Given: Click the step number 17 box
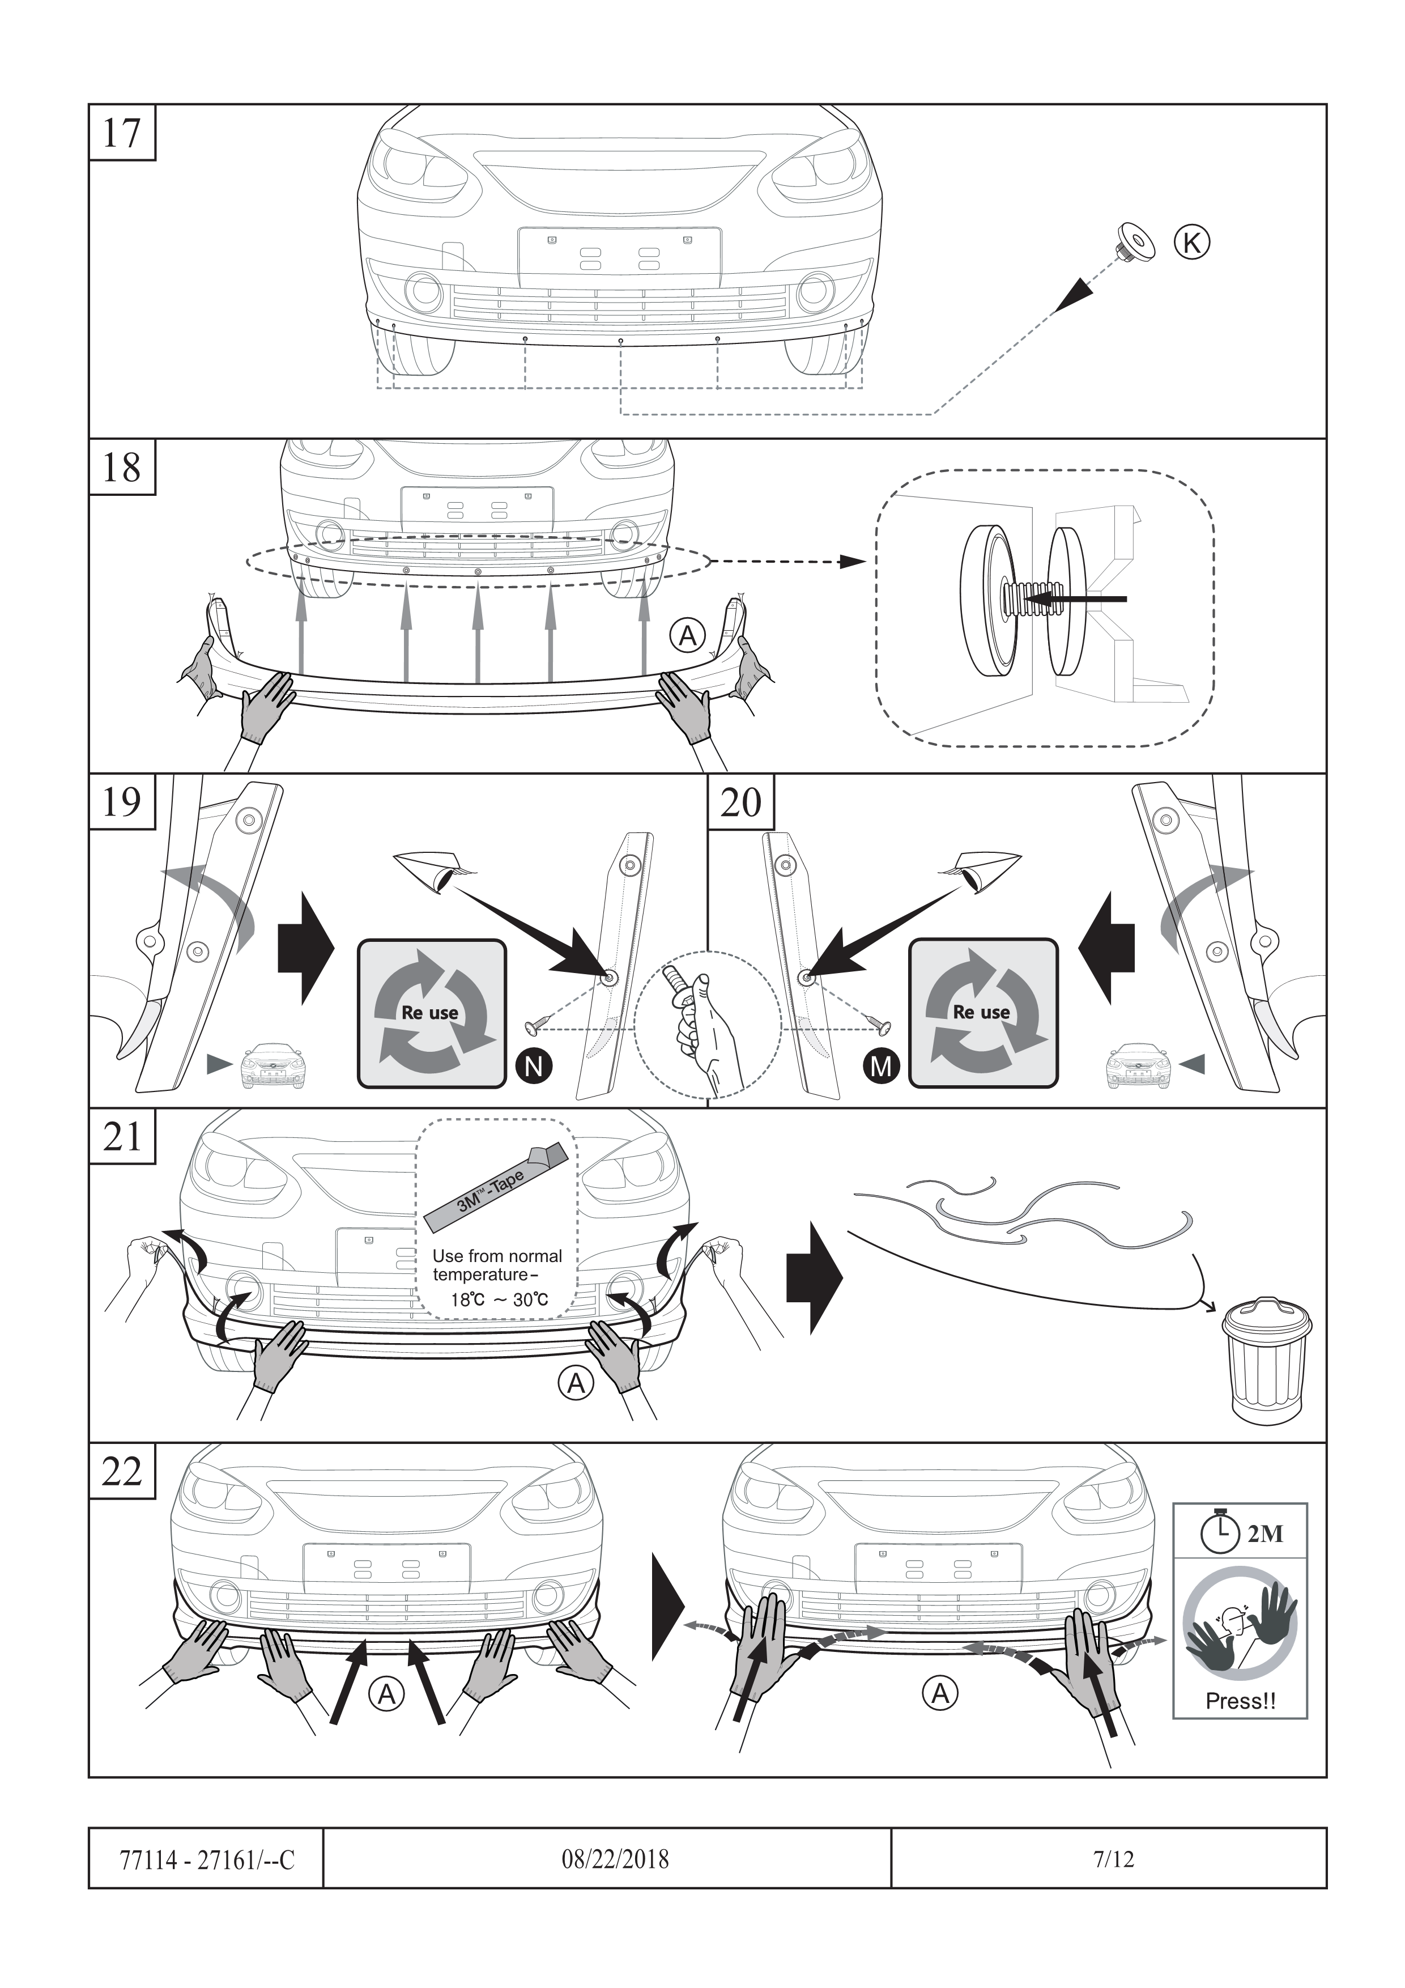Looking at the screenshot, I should [x=122, y=133].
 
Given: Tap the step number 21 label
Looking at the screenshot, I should [x=122, y=1137].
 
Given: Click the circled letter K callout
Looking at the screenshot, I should [x=1191, y=243].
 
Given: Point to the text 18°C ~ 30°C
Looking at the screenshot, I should [x=500, y=1299].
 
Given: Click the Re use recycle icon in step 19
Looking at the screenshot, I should [x=431, y=1012].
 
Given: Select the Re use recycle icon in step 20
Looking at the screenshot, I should [x=982, y=1012].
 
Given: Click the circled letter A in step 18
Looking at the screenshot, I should [x=687, y=636].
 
